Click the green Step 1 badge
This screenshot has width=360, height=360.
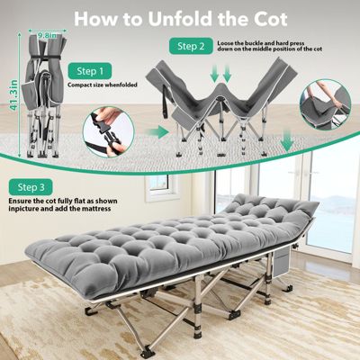90,71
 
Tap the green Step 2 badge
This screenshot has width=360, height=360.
191,46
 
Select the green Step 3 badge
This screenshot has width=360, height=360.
31,187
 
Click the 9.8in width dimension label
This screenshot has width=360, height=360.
47,36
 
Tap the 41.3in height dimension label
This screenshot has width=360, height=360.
14,94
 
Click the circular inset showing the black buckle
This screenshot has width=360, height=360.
108,131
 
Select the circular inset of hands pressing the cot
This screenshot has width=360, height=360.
325,104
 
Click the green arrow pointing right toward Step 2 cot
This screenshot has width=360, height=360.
158,132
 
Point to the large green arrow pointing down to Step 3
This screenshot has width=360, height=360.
287,140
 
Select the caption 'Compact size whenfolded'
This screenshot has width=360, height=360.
103,85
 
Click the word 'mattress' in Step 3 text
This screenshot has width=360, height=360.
95,208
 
